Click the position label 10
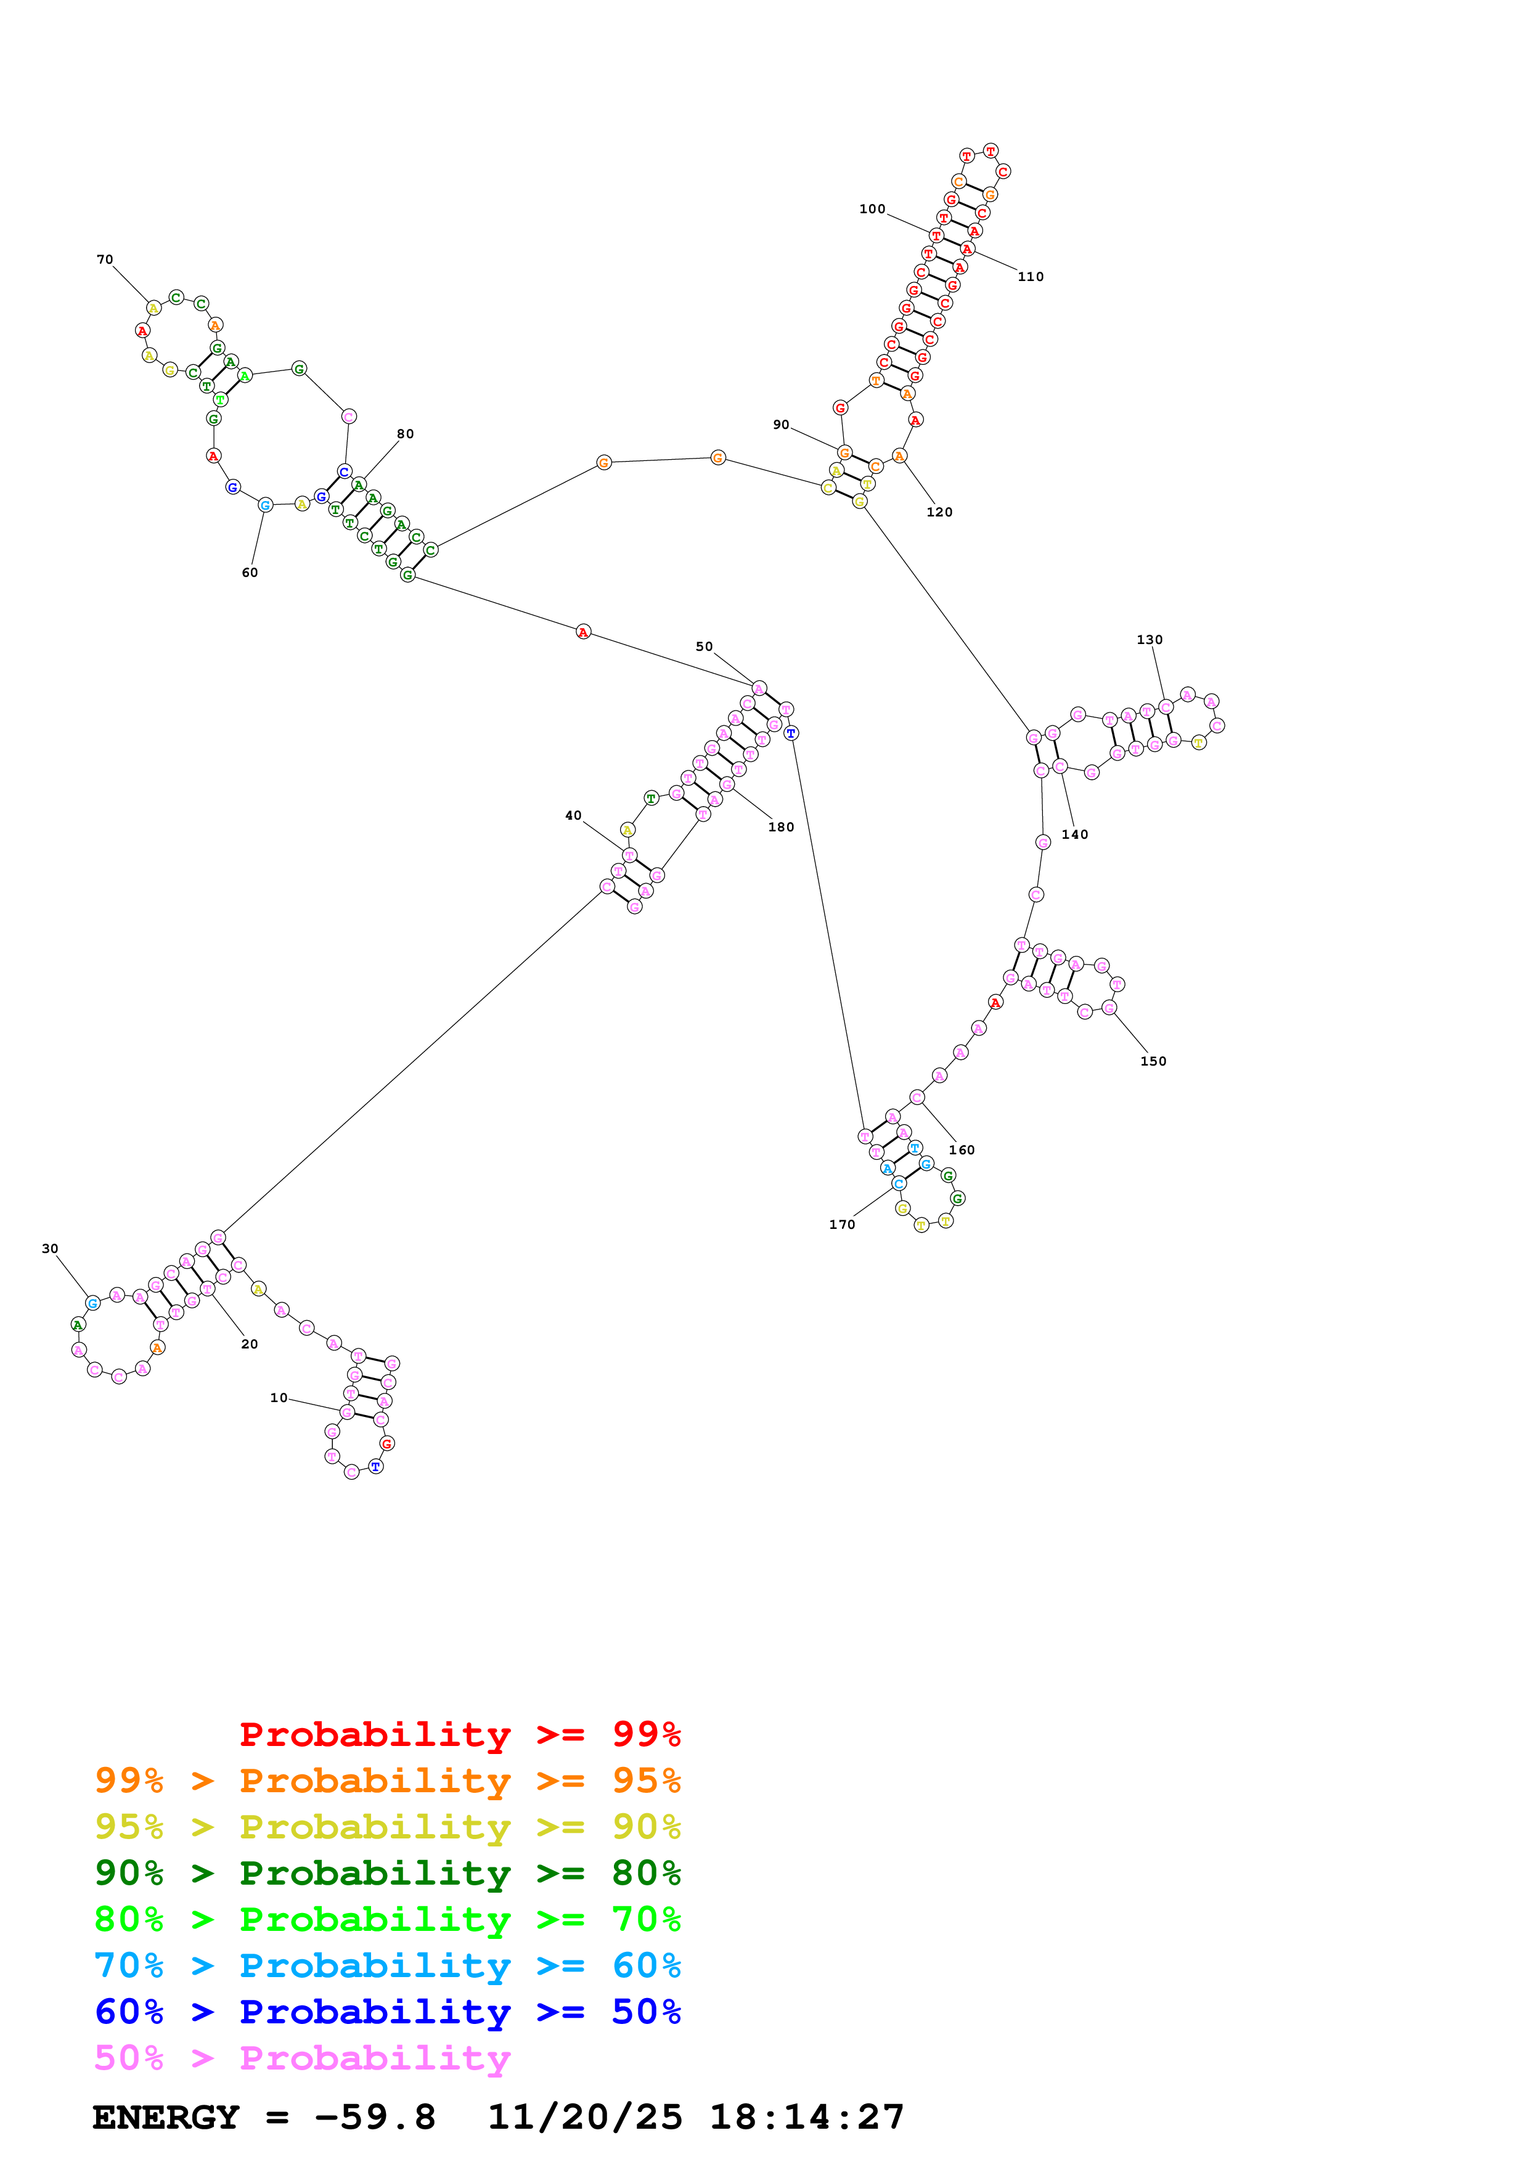coord(279,1397)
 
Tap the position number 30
coord(50,1249)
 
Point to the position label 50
coord(705,647)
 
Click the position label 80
coord(405,434)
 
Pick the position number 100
coord(872,209)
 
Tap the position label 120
coord(939,512)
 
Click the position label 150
coord(1153,1061)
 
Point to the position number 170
coord(842,1224)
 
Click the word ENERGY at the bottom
coord(166,2117)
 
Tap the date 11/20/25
coord(585,2117)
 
